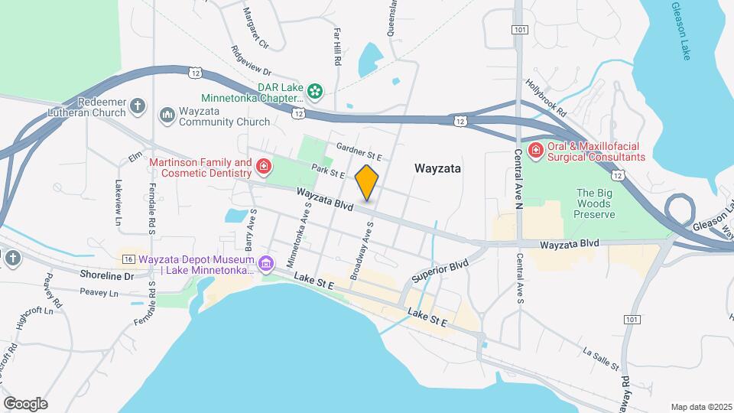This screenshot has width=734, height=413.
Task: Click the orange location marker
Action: (367, 182)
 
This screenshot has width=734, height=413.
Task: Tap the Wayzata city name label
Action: (437, 168)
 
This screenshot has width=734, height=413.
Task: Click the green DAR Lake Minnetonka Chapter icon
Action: (315, 92)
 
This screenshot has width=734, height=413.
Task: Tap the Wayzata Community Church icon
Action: (167, 115)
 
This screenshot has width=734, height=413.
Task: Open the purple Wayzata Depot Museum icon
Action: (265, 264)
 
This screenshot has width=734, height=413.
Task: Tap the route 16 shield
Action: (128, 259)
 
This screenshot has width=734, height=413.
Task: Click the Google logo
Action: (24, 403)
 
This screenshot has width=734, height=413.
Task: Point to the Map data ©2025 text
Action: (701, 407)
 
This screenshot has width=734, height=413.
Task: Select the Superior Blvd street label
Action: (439, 272)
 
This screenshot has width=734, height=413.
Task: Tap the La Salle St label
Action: (600, 358)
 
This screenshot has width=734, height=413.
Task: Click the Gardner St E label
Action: (359, 151)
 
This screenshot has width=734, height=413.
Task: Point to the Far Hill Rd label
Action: (336, 46)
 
